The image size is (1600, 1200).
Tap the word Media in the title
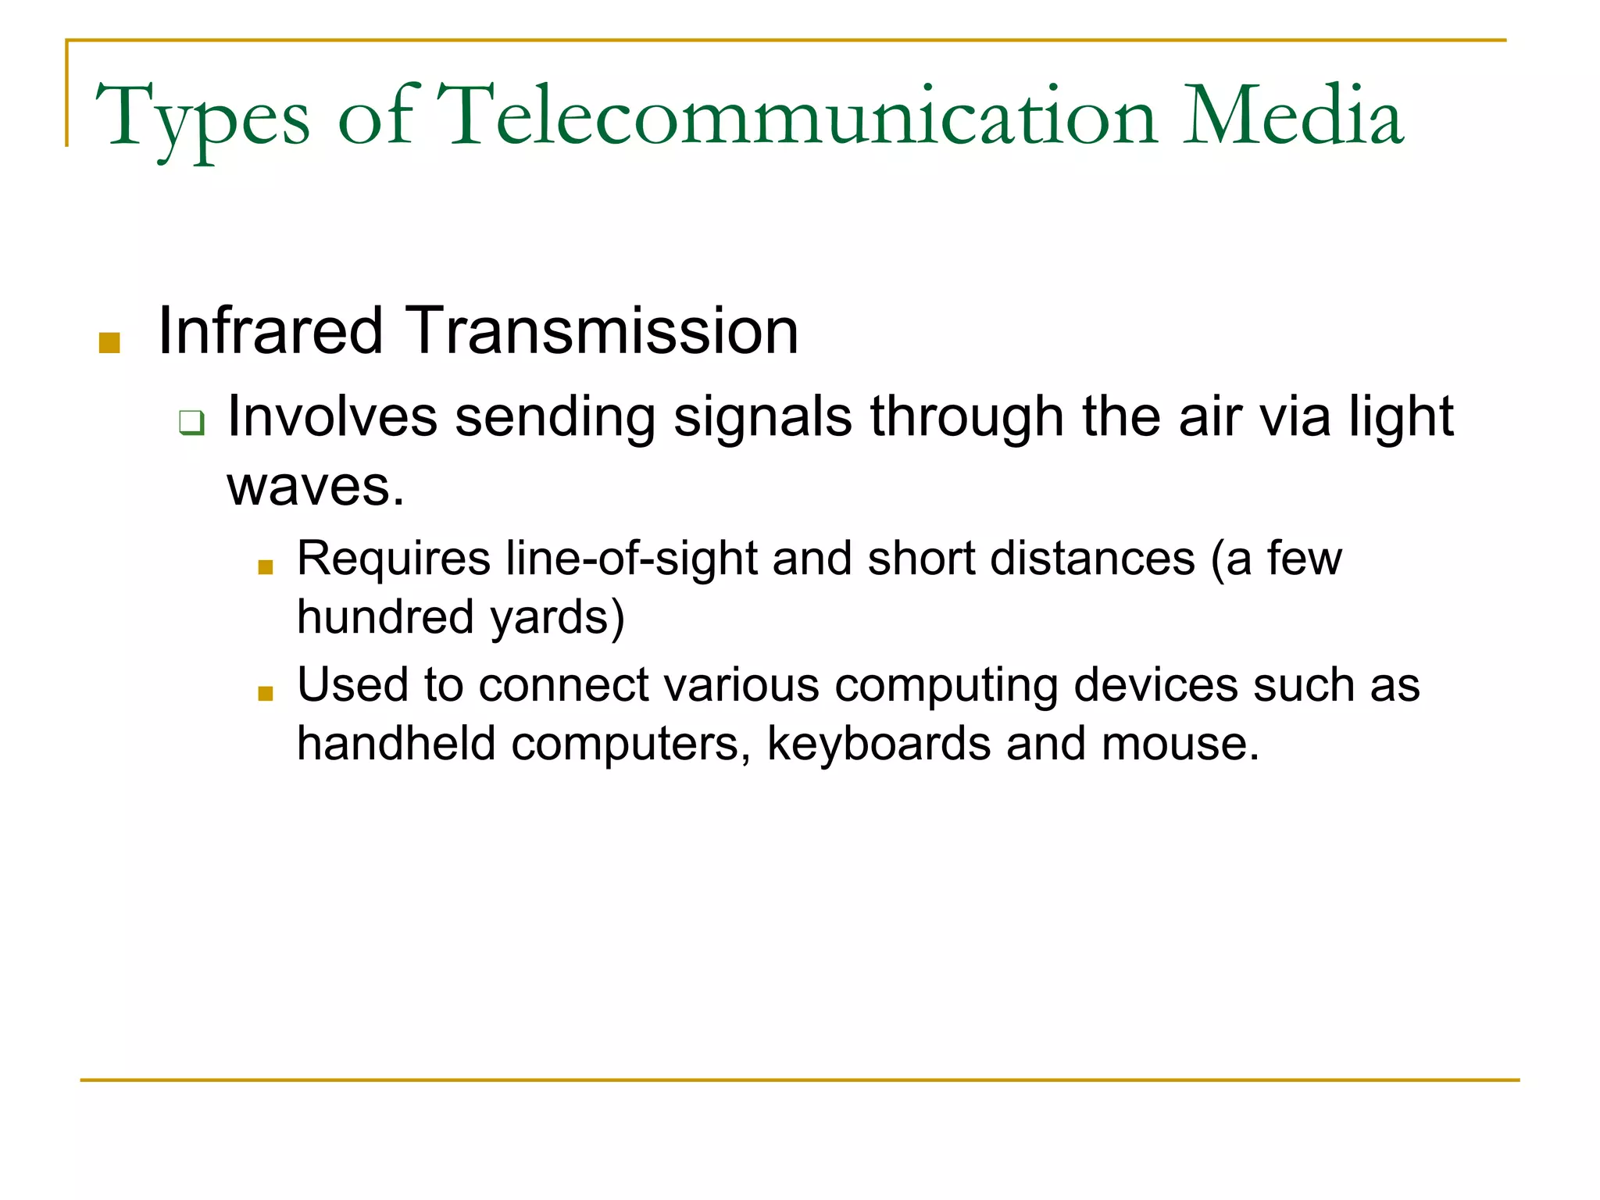pyautogui.click(x=1293, y=117)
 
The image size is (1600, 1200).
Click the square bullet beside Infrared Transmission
pyautogui.click(x=109, y=342)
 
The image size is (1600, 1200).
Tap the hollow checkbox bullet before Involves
pyautogui.click(x=191, y=423)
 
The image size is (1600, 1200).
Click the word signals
pyautogui.click(x=762, y=418)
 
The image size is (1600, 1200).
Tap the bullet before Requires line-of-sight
pyautogui.click(x=266, y=567)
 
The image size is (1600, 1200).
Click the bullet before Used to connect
pyautogui.click(x=266, y=693)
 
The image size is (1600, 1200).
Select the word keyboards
pyautogui.click(x=879, y=743)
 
